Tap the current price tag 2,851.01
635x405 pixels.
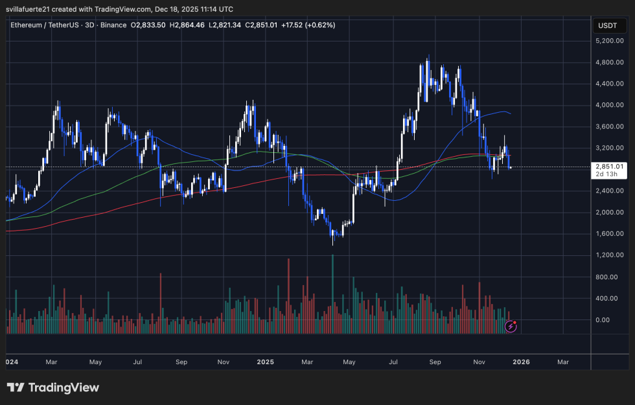[x=609, y=167]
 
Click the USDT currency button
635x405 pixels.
[x=607, y=25]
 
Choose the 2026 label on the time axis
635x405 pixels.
[x=521, y=362]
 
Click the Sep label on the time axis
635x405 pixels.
[x=436, y=362]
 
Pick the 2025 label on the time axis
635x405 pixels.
[x=265, y=362]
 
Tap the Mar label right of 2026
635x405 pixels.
[x=562, y=362]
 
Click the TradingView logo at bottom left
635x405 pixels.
[x=53, y=388]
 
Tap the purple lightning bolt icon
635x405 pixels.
[x=511, y=327]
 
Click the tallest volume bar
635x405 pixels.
[x=333, y=292]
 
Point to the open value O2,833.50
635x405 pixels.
[x=148, y=25]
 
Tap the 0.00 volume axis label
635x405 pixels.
[x=615, y=319]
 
